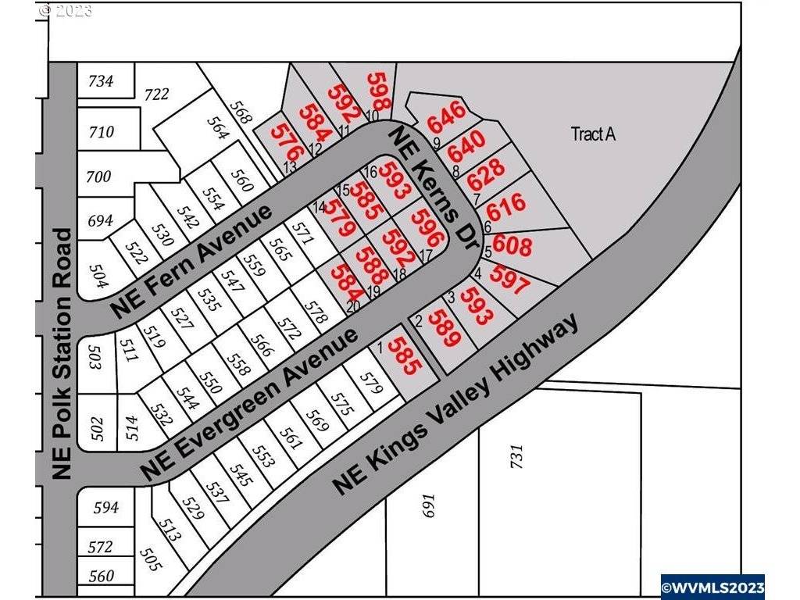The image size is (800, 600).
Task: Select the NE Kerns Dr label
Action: pyautogui.click(x=434, y=187)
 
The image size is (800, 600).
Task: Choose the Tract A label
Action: pyautogui.click(x=593, y=134)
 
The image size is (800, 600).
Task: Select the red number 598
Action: pyautogui.click(x=379, y=92)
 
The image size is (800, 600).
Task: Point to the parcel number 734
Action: pyautogui.click(x=101, y=80)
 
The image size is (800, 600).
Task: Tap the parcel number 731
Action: pyautogui.click(x=516, y=458)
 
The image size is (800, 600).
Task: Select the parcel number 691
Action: pyautogui.click(x=428, y=510)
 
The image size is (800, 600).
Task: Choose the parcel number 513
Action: pyautogui.click(x=170, y=530)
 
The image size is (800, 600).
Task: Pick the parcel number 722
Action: pyautogui.click(x=156, y=95)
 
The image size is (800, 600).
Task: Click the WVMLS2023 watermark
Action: pyautogui.click(x=712, y=584)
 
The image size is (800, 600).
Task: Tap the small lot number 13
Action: pyautogui.click(x=289, y=167)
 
